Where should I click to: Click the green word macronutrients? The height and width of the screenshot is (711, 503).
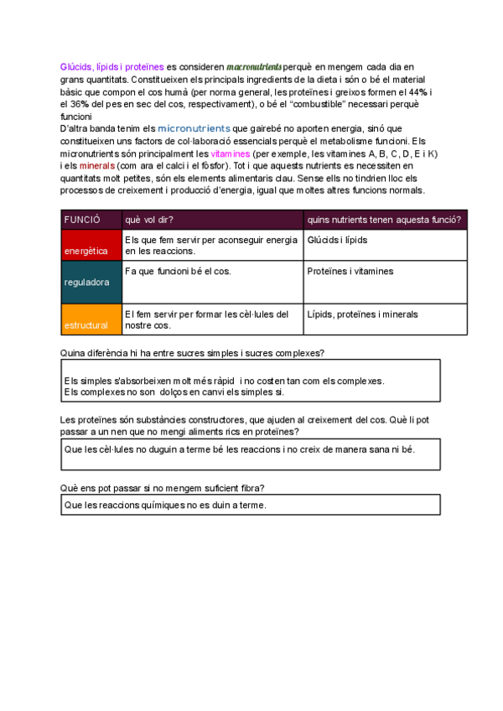coord(255,66)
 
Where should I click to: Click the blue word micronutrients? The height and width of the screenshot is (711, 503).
coord(194,128)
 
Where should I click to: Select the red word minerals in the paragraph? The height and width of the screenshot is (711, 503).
coord(96,166)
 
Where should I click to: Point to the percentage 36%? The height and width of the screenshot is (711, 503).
coord(82,104)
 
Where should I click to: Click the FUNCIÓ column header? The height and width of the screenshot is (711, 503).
coord(82,219)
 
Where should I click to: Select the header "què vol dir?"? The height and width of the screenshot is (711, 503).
coord(149,219)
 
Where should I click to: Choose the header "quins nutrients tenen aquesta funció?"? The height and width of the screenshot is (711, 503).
coord(384,219)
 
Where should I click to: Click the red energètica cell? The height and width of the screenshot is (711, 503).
coord(91,245)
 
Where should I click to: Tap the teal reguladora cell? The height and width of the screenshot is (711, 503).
coord(91,283)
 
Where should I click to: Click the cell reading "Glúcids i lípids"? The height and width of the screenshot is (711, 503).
coord(337,241)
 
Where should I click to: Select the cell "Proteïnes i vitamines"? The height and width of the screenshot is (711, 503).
coord(350,272)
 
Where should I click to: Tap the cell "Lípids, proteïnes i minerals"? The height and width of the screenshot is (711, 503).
coord(362,314)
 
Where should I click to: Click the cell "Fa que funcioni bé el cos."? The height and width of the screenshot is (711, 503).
coord(178,272)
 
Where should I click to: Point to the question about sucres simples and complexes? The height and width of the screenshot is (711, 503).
coord(194,352)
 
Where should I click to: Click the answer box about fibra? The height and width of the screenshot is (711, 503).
coord(250,505)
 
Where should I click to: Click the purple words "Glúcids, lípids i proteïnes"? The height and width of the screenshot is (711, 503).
coord(112,66)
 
